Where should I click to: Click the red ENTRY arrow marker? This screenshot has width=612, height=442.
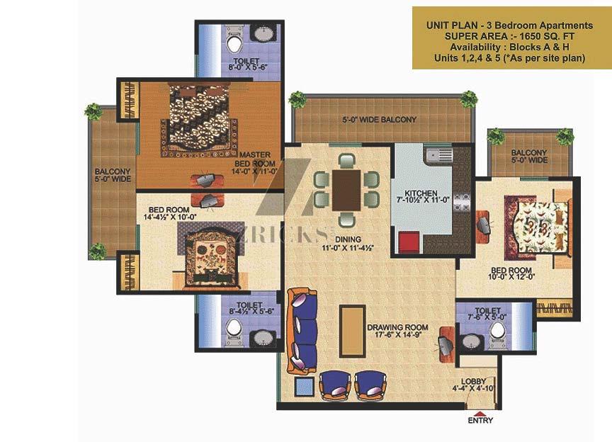(481, 414)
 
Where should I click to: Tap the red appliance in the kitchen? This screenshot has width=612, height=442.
(409, 242)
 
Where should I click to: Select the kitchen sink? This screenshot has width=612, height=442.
(439, 154)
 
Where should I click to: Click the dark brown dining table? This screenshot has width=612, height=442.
(346, 190)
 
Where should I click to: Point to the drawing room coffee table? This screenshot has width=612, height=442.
(352, 331)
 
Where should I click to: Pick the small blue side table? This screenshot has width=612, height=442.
(304, 387)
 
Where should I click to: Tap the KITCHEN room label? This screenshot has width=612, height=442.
(421, 193)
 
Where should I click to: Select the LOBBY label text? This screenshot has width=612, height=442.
(473, 382)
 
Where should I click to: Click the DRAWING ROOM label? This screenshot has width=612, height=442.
(397, 327)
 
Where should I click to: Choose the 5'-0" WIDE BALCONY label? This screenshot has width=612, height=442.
(380, 120)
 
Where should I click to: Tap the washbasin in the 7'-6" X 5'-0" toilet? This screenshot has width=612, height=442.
(472, 341)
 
